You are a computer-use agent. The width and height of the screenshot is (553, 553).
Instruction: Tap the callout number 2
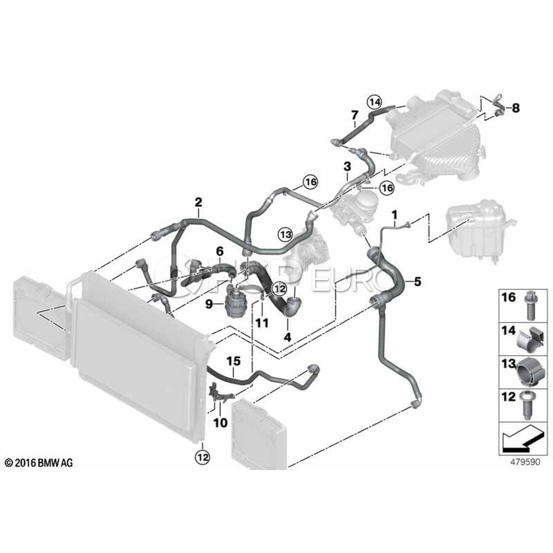(x=198, y=202)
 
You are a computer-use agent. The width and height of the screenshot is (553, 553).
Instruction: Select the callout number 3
(x=347, y=166)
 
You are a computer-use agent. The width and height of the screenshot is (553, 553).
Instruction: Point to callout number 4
(x=286, y=337)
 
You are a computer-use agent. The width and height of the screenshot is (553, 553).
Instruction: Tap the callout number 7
(x=355, y=115)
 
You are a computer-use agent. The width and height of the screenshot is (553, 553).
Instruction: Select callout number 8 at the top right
(x=515, y=108)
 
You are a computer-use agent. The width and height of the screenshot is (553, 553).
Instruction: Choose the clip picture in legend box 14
(x=527, y=342)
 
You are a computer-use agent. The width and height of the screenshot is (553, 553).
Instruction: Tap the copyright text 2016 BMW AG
(x=38, y=462)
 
